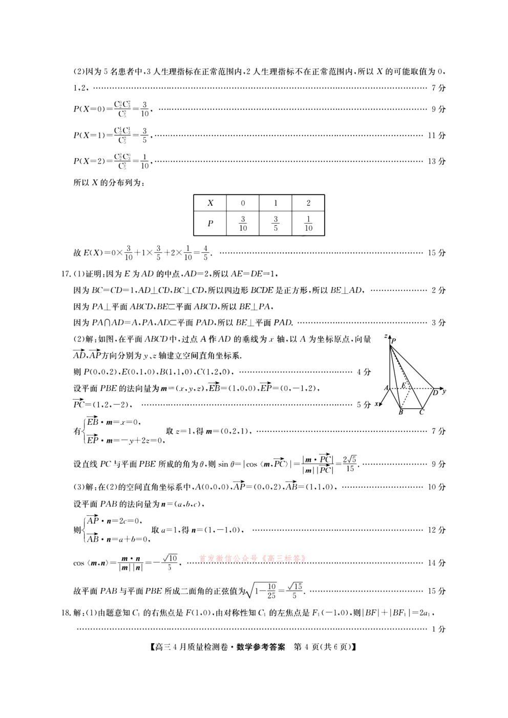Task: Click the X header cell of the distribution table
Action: [x=210, y=203]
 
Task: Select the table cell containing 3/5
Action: [x=276, y=224]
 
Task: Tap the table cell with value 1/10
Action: [x=308, y=224]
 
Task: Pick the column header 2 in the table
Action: [x=308, y=203]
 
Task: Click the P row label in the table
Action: [x=210, y=224]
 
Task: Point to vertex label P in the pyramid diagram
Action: [x=394, y=340]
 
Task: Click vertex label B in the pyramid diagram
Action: [x=401, y=412]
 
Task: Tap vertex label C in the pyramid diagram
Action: [x=421, y=412]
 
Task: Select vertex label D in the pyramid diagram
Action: [x=435, y=393]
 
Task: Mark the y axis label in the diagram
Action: [x=444, y=390]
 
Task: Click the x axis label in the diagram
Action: [x=376, y=404]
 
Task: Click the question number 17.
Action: [x=65, y=274]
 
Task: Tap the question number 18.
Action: [x=65, y=613]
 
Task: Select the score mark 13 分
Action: [x=436, y=161]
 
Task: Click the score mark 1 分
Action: [x=438, y=629]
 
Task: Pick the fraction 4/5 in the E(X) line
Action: [x=205, y=253]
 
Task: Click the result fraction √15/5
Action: [x=294, y=591]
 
